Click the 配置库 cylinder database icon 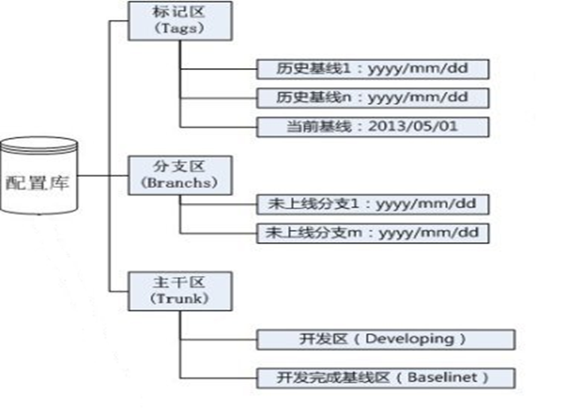[x=39, y=175]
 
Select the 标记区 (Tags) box [x=180, y=21]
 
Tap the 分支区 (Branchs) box [x=180, y=175]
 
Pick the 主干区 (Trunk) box [x=180, y=291]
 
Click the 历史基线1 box [x=373, y=69]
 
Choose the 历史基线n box [x=373, y=98]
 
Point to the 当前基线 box [x=373, y=127]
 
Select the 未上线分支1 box [x=373, y=205]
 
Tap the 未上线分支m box [x=373, y=233]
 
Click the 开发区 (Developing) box [x=386, y=339]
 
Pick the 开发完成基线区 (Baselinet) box [x=386, y=378]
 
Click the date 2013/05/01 [x=413, y=126]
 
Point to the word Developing [x=410, y=339]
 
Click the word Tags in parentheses [x=180, y=29]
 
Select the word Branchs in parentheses [x=179, y=182]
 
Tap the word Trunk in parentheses [x=179, y=298]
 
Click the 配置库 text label [x=37, y=182]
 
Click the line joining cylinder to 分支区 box [x=103, y=175]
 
